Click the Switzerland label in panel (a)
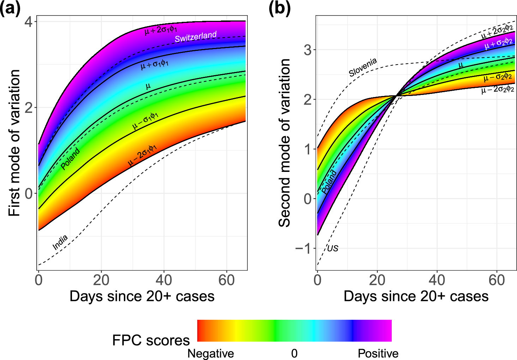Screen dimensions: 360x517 [x=196, y=37]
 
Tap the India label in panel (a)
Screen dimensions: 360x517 [x=60, y=242]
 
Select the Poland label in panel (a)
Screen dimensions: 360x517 [x=70, y=159]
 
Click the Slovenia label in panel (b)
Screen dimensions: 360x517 [x=363, y=67]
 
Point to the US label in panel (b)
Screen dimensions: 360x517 [x=332, y=248]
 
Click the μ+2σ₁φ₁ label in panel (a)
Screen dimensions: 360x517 [x=161, y=30]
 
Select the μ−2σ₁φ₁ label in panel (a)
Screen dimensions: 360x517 [x=142, y=155]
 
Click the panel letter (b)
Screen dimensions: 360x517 [x=279, y=8]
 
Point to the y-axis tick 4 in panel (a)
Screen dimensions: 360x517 [x=29, y=22]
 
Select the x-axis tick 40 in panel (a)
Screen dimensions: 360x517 [x=164, y=280]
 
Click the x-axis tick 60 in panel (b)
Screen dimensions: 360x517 [x=497, y=280]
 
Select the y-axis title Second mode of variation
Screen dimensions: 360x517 [x=284, y=143]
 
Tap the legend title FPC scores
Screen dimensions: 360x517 [x=151, y=340]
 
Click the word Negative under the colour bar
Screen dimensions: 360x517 [x=211, y=353]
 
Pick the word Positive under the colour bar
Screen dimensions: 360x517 [x=378, y=353]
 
